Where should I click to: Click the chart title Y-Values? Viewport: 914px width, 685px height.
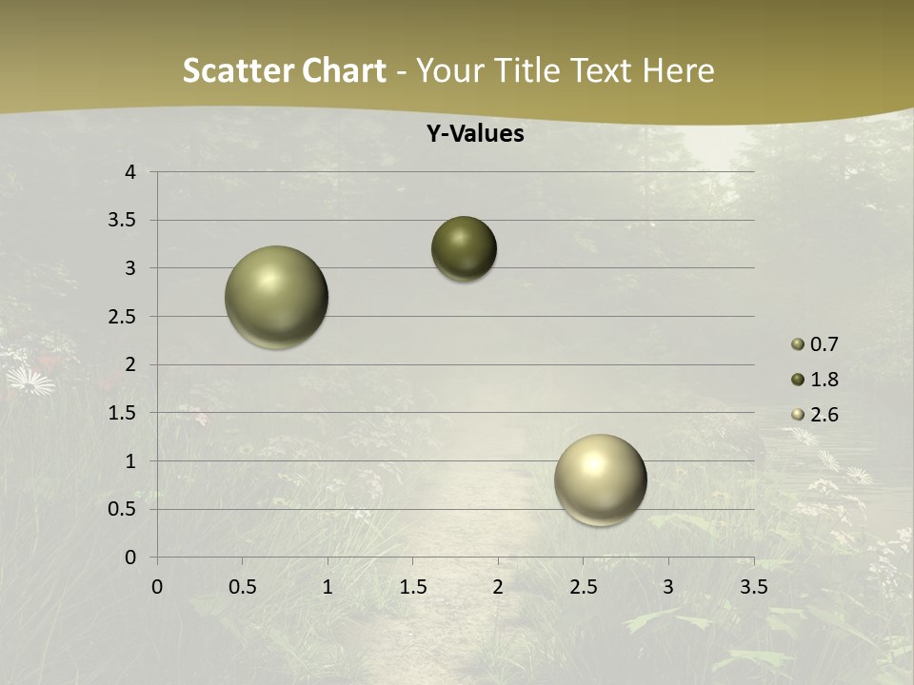[474, 134]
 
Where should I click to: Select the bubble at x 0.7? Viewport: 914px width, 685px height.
[276, 297]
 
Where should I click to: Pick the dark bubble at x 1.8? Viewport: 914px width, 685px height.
[464, 249]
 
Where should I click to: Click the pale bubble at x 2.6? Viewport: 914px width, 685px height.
[600, 479]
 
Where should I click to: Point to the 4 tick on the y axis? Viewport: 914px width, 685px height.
[130, 172]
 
